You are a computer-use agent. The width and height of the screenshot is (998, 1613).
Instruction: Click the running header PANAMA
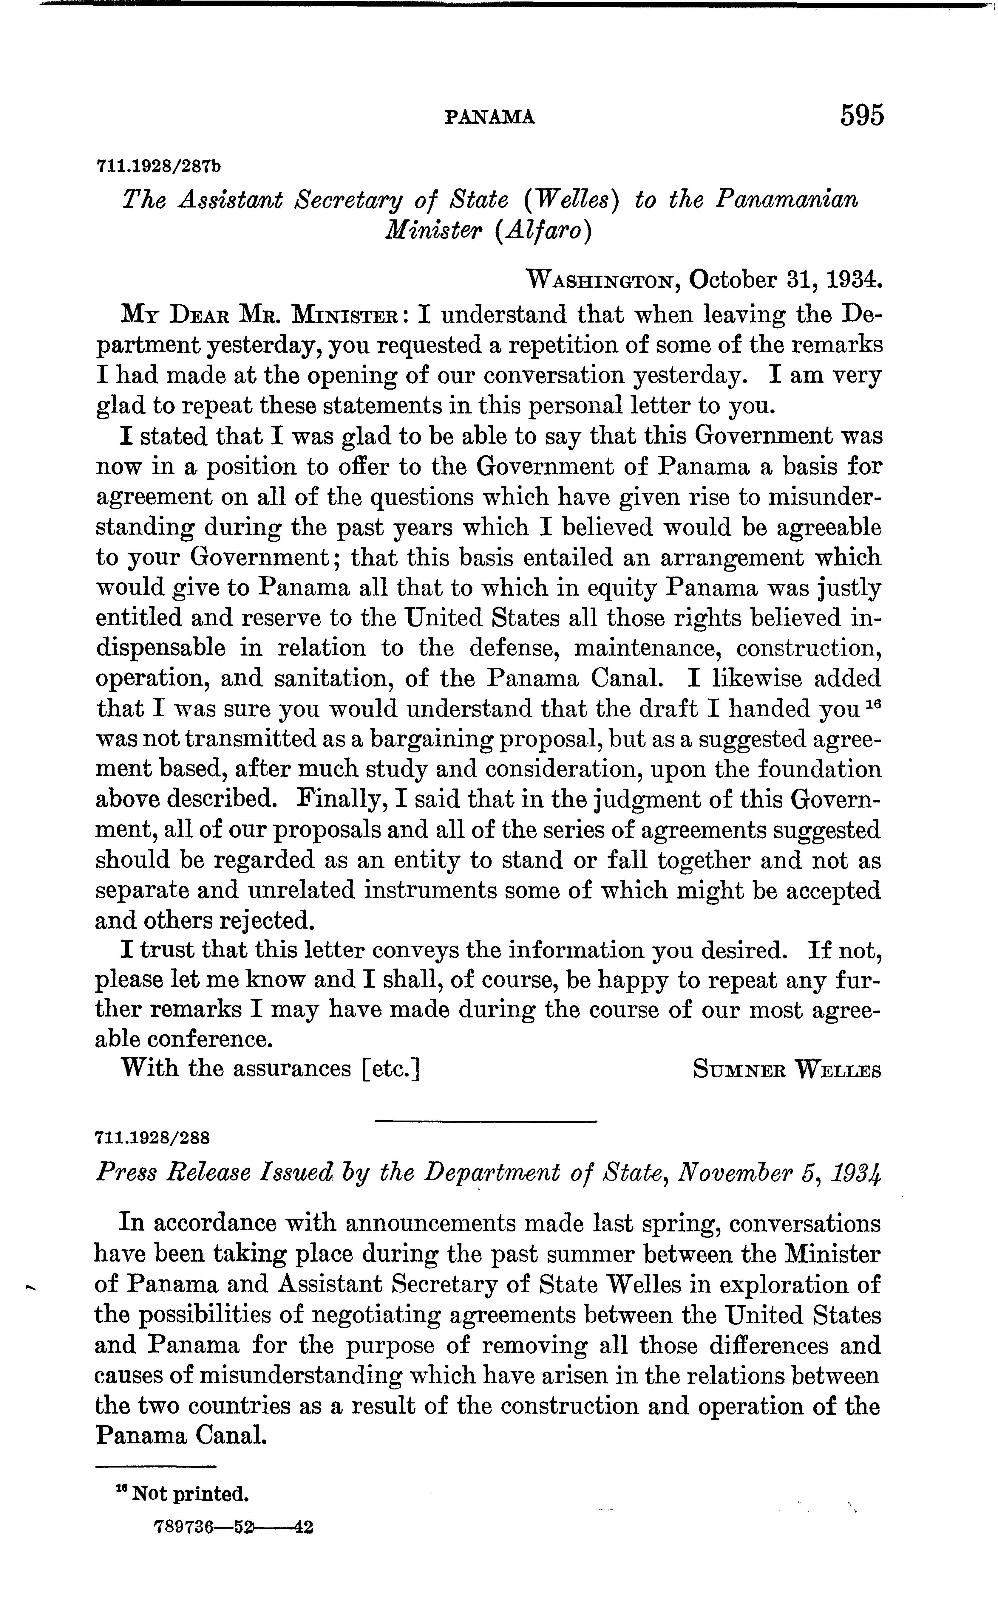tap(490, 118)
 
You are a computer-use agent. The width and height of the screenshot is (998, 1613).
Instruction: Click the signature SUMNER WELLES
tap(787, 1069)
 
